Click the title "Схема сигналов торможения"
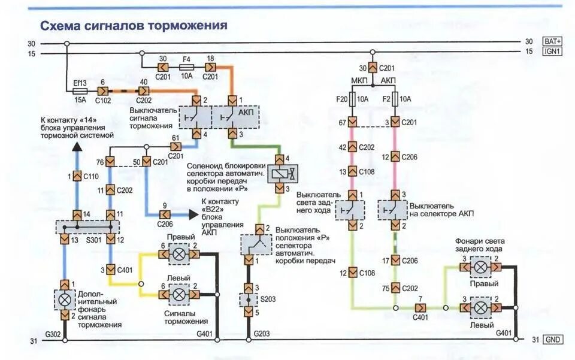[134, 26]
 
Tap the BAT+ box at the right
[553, 41]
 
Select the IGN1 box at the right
[553, 52]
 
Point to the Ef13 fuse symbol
[80, 91]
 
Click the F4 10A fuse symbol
[187, 68]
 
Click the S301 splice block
[87, 227]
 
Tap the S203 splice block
[249, 299]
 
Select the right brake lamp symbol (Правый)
[178, 255]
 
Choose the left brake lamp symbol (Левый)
[178, 294]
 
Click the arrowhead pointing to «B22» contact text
[193, 214]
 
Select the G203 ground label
[261, 334]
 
